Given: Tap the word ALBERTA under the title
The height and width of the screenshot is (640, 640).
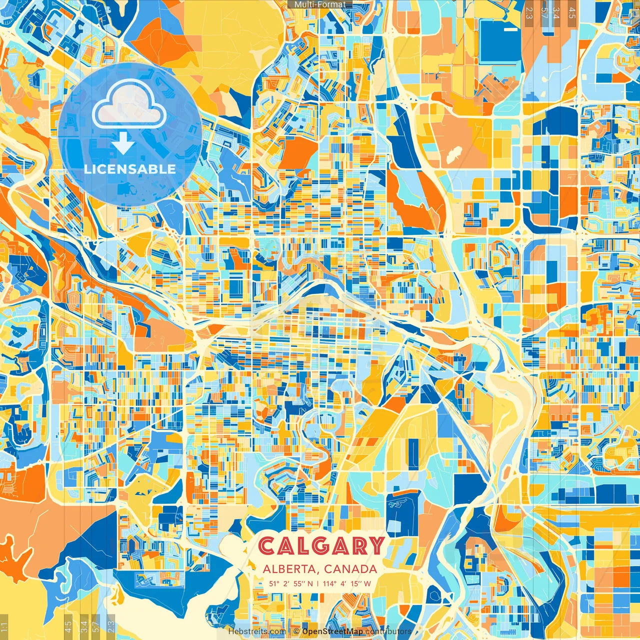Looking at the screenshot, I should point(290,569).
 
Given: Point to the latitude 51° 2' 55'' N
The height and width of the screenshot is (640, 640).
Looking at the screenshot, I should point(291,583).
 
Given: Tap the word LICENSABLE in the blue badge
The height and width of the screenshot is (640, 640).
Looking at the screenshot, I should point(130,169).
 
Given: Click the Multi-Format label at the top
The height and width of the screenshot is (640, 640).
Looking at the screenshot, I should point(320,4).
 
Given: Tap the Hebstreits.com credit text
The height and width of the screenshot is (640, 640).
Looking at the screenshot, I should point(257,631).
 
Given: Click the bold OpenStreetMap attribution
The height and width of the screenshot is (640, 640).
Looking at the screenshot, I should point(332,631).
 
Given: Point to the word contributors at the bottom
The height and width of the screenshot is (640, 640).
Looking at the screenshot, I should point(388,631).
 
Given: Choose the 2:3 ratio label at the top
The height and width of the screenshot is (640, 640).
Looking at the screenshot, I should point(529,12).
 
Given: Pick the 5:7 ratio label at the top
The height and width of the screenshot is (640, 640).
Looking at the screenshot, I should point(544,12).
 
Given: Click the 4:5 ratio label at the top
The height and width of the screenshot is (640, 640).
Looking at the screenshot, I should point(572,12).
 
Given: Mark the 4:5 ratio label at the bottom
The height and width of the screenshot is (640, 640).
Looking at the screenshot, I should point(68,627).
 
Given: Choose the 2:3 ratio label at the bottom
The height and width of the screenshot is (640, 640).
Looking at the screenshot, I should point(111,627).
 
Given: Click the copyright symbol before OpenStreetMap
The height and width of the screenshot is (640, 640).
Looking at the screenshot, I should point(296,631).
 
